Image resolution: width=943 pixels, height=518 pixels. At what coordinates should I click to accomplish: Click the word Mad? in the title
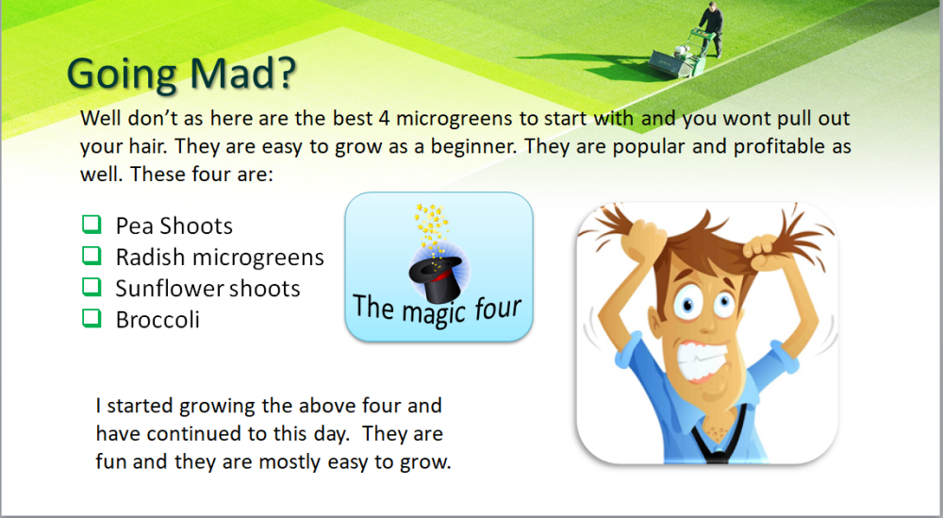[x=242, y=73]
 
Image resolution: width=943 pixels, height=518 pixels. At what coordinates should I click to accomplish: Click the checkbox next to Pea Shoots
[x=91, y=225]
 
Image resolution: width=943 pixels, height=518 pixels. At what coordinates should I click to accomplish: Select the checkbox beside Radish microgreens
[x=91, y=256]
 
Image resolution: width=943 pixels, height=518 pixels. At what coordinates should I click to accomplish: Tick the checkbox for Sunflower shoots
[x=91, y=287]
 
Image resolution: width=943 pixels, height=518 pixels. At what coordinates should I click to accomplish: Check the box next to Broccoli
[x=91, y=318]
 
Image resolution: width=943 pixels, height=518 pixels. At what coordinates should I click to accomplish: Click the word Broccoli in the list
[x=157, y=320]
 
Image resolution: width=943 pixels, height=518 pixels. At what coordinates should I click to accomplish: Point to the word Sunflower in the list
[x=162, y=288]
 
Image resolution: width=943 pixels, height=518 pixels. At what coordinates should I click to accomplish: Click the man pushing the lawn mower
[x=711, y=28]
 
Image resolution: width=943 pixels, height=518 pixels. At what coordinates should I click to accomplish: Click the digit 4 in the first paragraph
[x=384, y=118]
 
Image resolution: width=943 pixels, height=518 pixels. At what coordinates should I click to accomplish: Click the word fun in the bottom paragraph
[x=110, y=461]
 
